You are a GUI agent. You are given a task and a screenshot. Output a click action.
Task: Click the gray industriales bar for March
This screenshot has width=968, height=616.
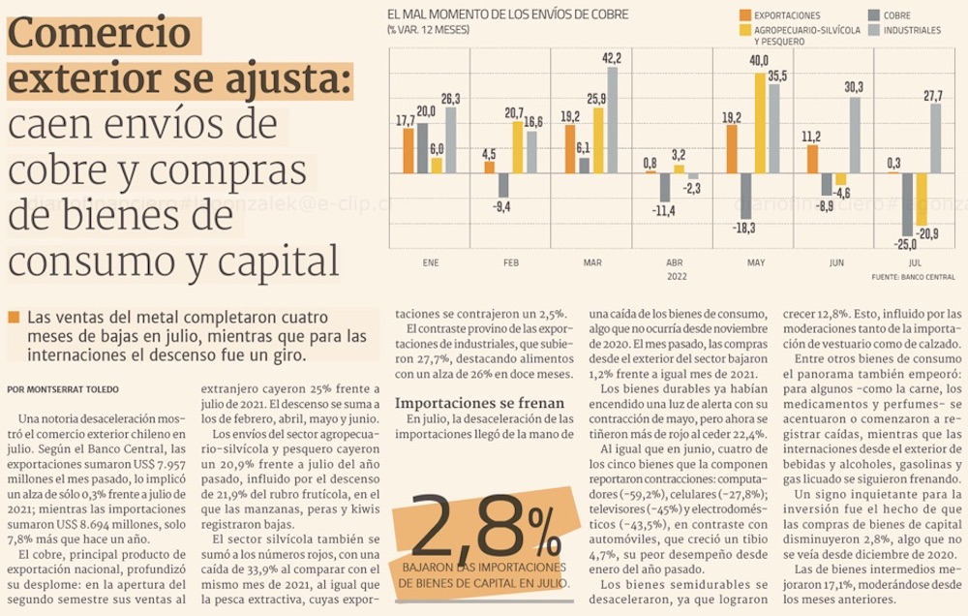coord(612,120)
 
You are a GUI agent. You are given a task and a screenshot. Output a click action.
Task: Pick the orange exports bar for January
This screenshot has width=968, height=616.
coord(408,150)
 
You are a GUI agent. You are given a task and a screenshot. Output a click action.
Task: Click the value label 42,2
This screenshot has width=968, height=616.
coord(612,59)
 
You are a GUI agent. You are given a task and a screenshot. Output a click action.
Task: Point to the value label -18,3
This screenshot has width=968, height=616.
coord(744,228)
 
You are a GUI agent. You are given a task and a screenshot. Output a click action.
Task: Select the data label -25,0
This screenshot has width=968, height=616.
coord(906,243)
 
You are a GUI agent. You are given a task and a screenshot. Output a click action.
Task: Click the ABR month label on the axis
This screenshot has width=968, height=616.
coord(674,262)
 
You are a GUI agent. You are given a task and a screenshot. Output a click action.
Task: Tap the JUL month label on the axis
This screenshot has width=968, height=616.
coord(915,262)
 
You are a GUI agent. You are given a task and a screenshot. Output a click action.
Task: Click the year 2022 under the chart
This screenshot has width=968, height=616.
coord(674,276)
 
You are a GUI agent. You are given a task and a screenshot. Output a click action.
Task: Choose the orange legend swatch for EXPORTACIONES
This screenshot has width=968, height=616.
coord(744,15)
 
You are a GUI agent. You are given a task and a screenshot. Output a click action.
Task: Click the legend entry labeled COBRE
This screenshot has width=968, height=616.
coord(897,15)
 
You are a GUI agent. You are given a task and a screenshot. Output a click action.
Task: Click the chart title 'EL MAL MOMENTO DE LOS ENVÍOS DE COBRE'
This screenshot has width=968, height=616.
coord(507,15)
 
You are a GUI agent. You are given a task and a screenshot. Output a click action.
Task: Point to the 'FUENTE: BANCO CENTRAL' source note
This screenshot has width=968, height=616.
coord(914,277)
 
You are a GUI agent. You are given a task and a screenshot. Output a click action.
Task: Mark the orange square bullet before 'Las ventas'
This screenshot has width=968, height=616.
coord(13,318)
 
